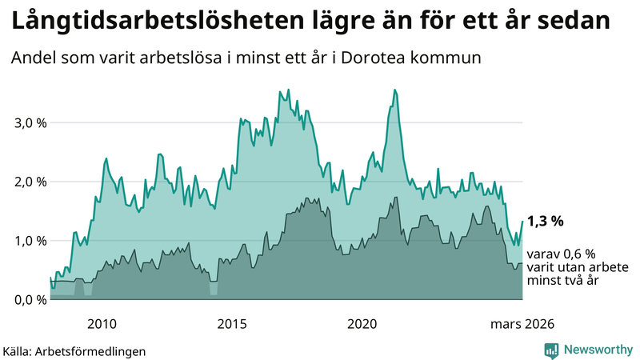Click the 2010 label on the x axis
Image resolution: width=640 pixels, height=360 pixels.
pos(101,323)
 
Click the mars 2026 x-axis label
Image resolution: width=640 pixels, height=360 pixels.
pos(520,323)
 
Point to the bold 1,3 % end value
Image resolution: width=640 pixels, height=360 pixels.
pos(546,220)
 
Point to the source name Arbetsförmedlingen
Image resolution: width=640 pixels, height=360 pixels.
pos(95,350)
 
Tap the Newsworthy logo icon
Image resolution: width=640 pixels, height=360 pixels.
pos(551,349)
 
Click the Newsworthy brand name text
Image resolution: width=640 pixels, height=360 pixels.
pos(597,349)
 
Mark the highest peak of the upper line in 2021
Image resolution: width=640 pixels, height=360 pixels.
pos(395,90)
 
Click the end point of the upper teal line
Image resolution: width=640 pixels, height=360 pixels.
pos(522,222)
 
